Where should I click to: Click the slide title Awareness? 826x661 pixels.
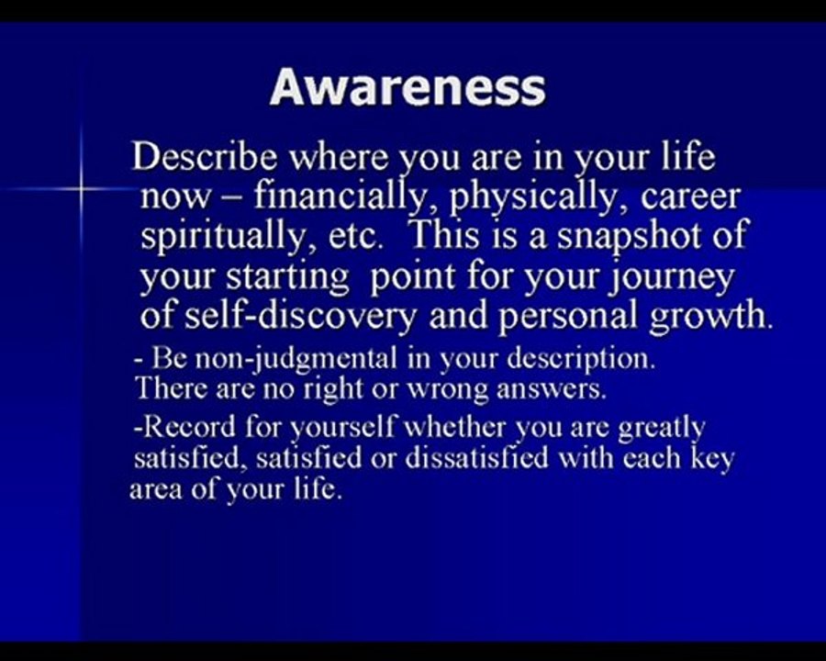pos(407,88)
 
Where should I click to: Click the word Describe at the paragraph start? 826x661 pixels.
pos(204,157)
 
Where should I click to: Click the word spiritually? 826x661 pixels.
pos(221,237)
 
